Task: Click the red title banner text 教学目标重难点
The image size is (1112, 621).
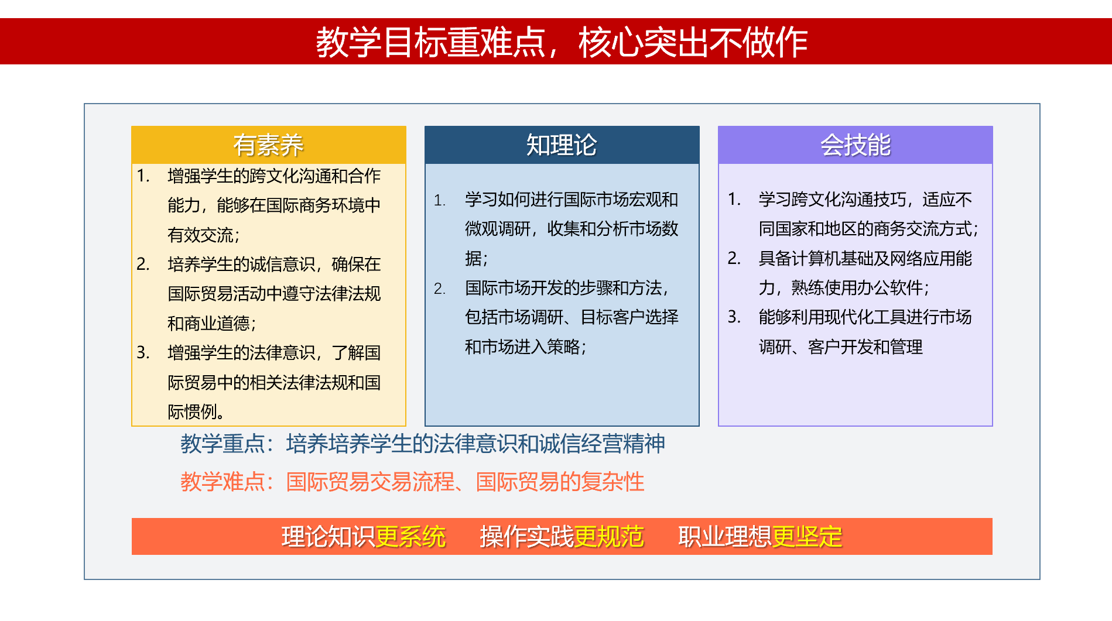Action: [431, 42]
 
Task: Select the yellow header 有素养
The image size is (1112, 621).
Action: [268, 145]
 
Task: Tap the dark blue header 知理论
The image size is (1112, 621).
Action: [562, 145]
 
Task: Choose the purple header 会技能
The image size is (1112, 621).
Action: [855, 145]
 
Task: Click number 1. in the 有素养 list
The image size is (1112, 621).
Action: [143, 176]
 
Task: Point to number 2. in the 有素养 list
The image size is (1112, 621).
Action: [143, 264]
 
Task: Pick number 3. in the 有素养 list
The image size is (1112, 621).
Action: [143, 352]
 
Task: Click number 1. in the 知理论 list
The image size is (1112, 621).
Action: [440, 200]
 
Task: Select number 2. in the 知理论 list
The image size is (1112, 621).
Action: [440, 289]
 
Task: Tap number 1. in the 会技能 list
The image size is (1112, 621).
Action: [734, 199]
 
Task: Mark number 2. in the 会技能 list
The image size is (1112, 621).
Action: [734, 258]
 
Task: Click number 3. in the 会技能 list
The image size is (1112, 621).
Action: [734, 317]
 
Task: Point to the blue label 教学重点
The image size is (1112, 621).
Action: [223, 444]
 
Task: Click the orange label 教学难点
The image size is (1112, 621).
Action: [223, 482]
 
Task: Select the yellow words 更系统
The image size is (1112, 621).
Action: [410, 537]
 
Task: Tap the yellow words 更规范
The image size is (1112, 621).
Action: [609, 537]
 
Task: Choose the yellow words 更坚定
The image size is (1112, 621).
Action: [808, 537]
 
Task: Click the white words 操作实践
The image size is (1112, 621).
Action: [526, 537]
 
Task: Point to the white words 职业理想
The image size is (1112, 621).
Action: [725, 537]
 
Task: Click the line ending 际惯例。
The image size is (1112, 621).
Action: [196, 411]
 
